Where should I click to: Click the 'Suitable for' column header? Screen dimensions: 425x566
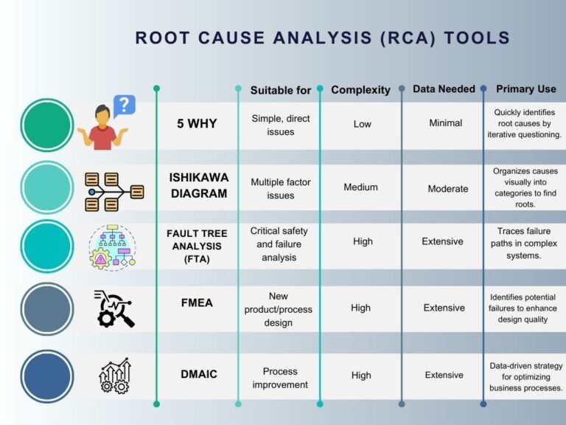click(280, 90)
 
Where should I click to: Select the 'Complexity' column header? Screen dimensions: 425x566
click(360, 90)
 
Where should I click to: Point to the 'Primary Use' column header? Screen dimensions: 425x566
click(525, 89)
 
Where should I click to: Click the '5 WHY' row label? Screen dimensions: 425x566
click(197, 123)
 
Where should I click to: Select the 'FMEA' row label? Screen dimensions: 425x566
click(197, 302)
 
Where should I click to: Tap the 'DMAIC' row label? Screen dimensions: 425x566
click(198, 374)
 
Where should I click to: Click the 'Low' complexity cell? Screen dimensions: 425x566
click(362, 124)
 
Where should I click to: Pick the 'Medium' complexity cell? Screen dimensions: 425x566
click(360, 187)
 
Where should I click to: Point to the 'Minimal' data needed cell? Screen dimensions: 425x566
click(445, 123)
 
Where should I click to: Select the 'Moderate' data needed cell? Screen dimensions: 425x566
click(447, 189)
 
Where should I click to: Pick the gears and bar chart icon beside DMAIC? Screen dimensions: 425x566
click(115, 376)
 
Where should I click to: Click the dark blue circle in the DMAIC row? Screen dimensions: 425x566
click(47, 376)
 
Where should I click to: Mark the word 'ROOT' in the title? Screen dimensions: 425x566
click(161, 38)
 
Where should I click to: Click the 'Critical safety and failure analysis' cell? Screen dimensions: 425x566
click(279, 244)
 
